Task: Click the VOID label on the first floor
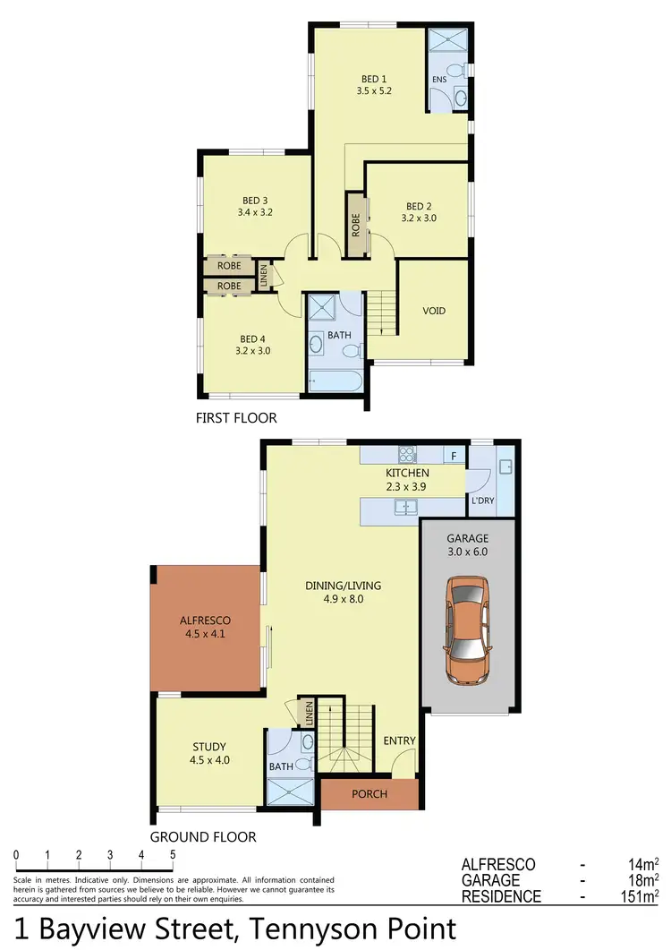point(434,312)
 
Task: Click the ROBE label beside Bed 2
point(356,224)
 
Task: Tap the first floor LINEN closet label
point(264,277)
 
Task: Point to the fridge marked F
point(454,456)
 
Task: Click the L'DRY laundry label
point(483,501)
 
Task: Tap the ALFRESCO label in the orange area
point(205,620)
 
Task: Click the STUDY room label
point(209,747)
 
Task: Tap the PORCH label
point(369,794)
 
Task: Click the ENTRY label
point(399,740)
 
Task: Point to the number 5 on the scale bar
point(172,854)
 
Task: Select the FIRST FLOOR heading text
point(236,417)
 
